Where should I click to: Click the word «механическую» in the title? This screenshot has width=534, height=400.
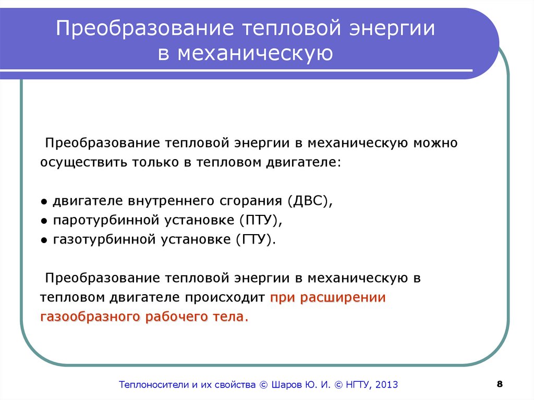tap(255, 54)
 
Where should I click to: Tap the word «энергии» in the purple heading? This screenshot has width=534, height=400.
tap(392, 28)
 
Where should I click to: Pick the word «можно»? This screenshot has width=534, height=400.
tap(435, 143)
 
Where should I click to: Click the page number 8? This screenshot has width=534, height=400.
tap(500, 384)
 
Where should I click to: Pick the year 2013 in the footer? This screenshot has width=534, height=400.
tap(386, 385)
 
